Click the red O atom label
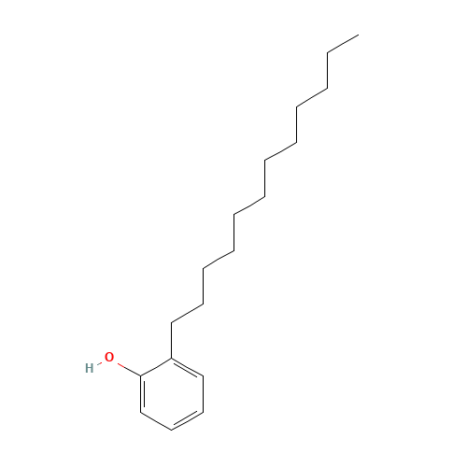pyautogui.click(x=109, y=358)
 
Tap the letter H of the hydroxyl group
pyautogui.click(x=90, y=368)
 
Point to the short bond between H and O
pyautogui.click(x=99, y=362)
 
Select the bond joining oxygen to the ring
pyautogui.click(x=127, y=367)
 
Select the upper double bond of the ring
pyautogui.click(x=188, y=365)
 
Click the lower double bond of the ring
pyautogui.click(x=188, y=420)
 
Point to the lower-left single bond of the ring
pyautogui.click(x=156, y=420)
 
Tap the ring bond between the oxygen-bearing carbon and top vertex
pyautogui.click(x=156, y=366)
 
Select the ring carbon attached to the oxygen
pyautogui.click(x=140, y=375)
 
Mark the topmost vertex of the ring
pyautogui.click(x=172, y=357)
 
